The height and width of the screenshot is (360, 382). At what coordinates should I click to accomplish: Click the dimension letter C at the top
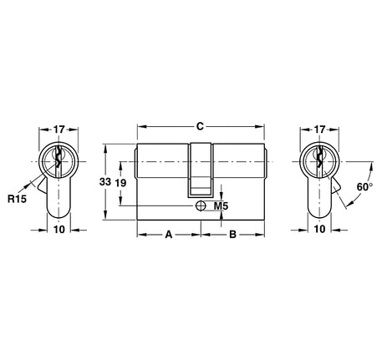[x=200, y=127]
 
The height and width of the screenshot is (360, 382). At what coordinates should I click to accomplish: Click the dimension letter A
[x=169, y=235]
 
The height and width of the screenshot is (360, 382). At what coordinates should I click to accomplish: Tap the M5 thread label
[x=222, y=205]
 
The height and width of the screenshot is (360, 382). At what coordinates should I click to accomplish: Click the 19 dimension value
[x=121, y=182]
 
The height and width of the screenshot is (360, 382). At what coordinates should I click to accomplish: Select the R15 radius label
[x=17, y=199]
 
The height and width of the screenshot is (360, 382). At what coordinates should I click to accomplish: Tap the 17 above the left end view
[x=59, y=130]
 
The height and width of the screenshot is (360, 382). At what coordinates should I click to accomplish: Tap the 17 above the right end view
[x=319, y=130]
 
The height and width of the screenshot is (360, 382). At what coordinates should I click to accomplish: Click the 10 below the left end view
[x=59, y=229]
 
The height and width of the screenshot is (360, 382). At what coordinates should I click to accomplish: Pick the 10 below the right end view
[x=319, y=229]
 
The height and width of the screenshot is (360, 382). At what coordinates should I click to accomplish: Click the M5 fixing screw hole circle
[x=201, y=204]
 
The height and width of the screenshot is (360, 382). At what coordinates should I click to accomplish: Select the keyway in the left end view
[x=59, y=160]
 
